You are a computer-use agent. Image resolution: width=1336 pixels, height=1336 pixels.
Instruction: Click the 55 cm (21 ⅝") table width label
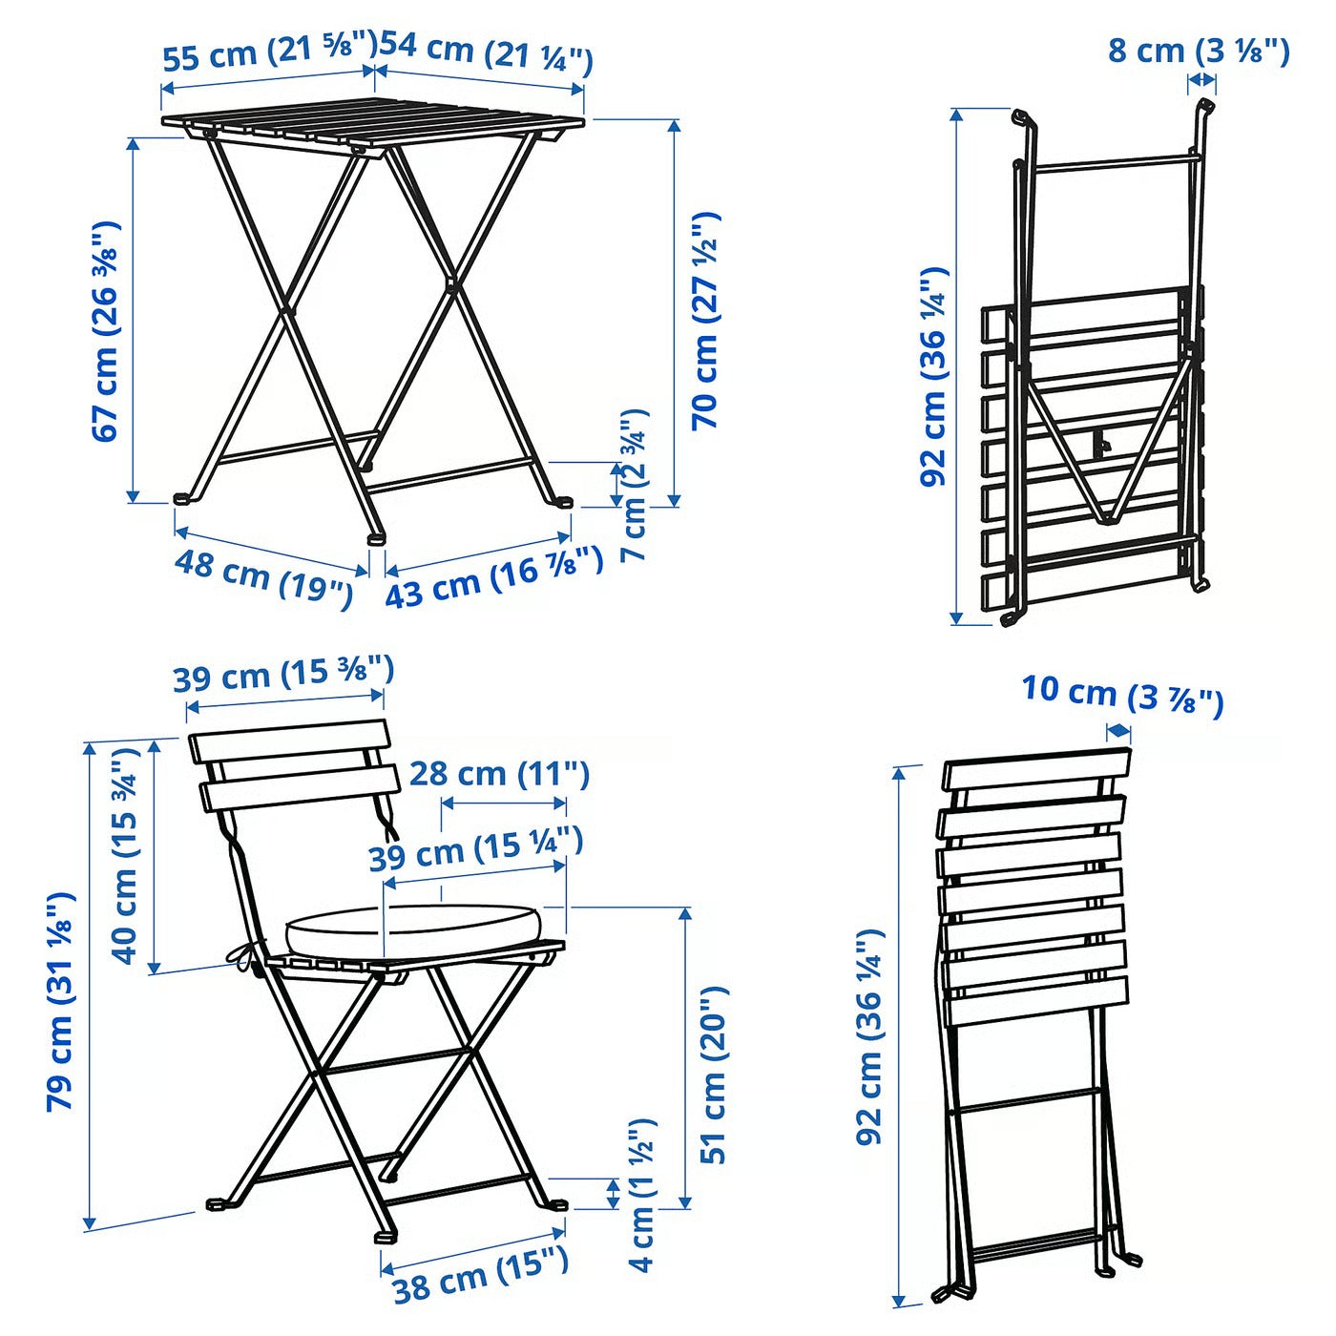(x=269, y=53)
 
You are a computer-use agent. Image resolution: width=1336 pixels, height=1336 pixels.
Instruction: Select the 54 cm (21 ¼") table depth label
(x=487, y=53)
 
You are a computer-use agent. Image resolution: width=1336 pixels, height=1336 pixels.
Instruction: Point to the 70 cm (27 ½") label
(x=706, y=320)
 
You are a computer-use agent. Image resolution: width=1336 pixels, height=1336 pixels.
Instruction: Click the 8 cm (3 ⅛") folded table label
(x=1199, y=50)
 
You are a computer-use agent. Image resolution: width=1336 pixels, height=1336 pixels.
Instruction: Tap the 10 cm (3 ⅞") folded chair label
(x=1122, y=695)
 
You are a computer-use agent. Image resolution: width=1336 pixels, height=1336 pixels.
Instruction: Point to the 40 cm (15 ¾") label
(x=126, y=855)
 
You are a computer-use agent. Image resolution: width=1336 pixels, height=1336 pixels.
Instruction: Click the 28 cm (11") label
(x=499, y=773)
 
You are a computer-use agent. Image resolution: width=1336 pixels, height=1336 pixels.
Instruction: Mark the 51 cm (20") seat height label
(x=715, y=1074)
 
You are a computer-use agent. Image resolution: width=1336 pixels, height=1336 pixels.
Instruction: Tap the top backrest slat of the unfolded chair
(x=289, y=741)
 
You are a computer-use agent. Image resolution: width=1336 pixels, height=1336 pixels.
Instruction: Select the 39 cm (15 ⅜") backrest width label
(x=282, y=676)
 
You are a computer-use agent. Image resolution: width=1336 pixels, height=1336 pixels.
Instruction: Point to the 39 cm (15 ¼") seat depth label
(x=475, y=849)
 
